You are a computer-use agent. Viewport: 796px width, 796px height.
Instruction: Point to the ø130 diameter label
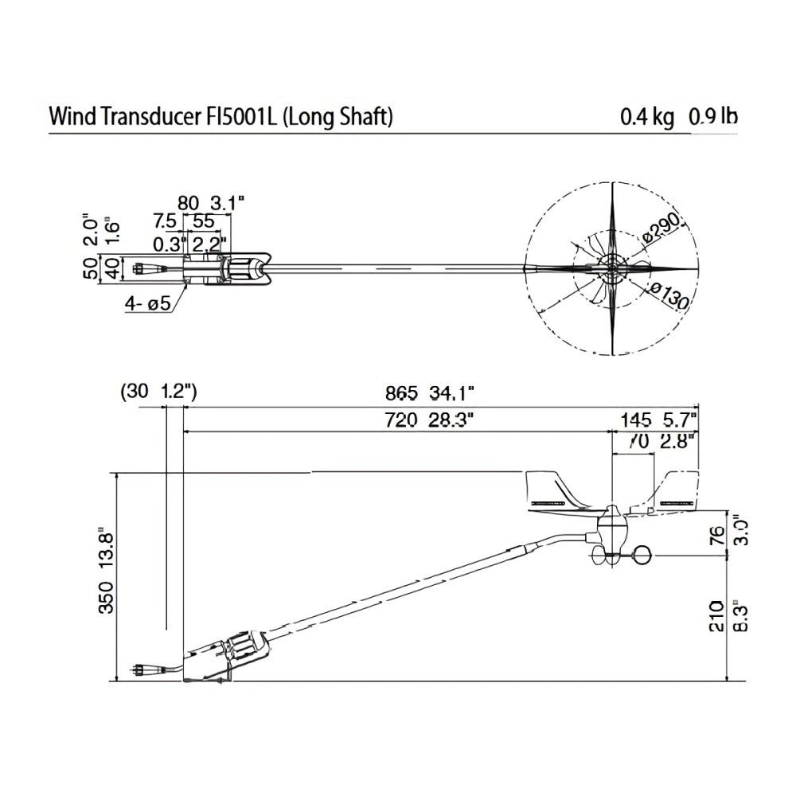[668, 297]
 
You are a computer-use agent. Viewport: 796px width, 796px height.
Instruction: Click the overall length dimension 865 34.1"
[429, 392]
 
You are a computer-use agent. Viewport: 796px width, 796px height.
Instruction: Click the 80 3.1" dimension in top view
[205, 202]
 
